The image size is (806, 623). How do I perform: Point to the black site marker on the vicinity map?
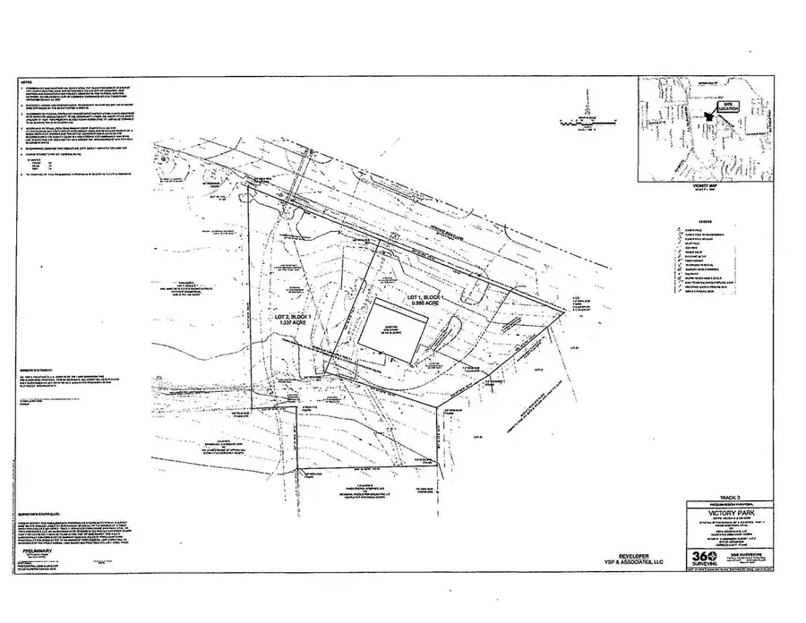pyautogui.click(x=713, y=115)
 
